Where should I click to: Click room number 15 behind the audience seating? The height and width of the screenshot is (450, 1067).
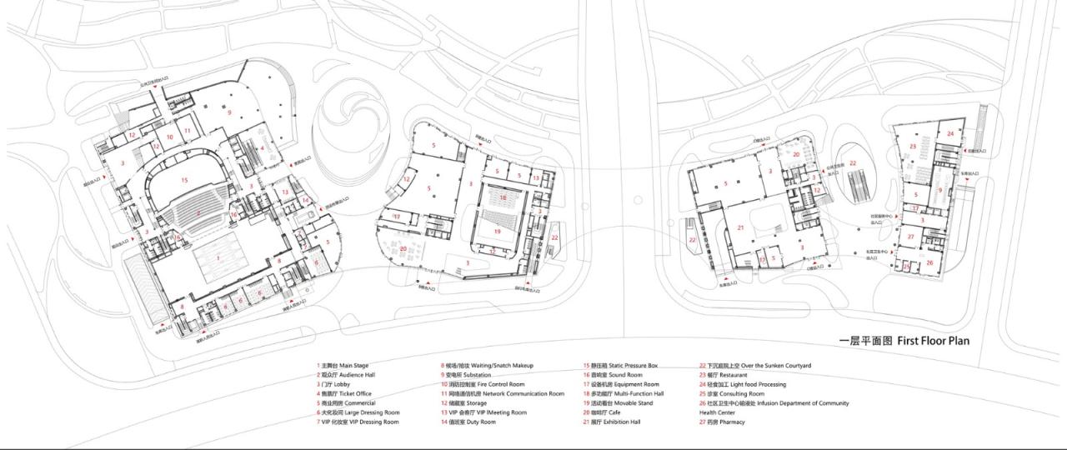click(184, 179)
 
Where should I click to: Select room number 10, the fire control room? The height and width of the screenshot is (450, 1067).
click(169, 137)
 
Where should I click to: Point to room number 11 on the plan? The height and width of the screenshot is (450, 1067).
click(188, 131)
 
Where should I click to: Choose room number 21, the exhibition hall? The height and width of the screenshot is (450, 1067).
click(739, 227)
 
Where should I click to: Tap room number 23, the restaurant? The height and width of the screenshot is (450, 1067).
click(913, 146)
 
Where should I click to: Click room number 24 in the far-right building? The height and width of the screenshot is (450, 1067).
click(949, 132)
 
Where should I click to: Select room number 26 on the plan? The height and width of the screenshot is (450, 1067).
click(929, 262)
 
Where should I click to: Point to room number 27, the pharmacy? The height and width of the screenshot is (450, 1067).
click(911, 237)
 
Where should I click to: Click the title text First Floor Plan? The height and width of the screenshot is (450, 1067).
click(904, 341)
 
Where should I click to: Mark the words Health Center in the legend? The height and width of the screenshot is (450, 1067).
click(717, 412)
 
